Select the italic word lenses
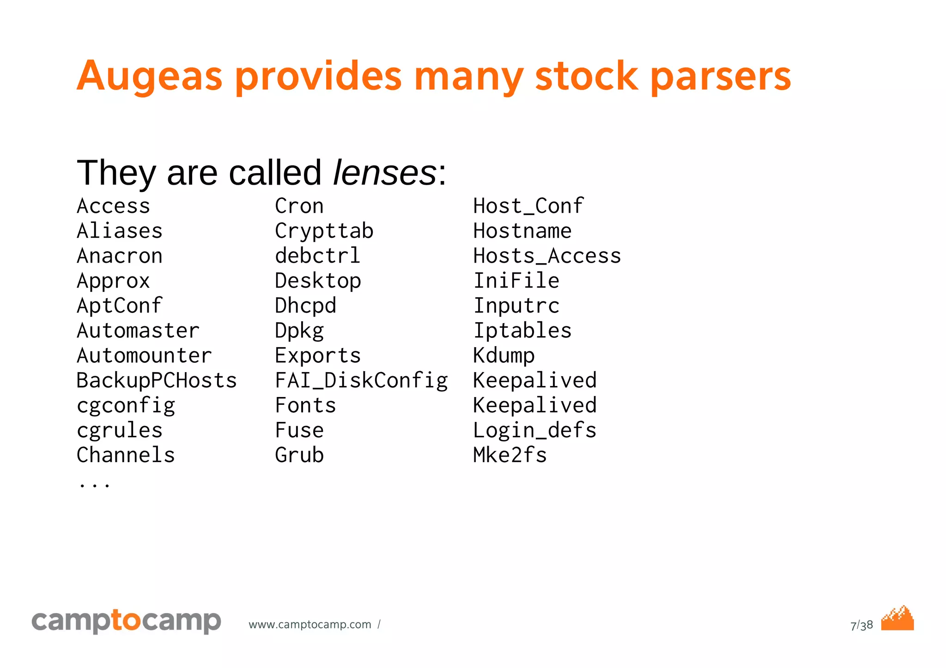point(384,173)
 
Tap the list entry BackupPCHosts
point(157,380)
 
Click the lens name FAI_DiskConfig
point(361,380)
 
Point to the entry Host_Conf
point(528,206)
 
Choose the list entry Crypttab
point(324,231)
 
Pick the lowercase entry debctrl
point(317,256)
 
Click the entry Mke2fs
point(510,455)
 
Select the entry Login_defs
point(535,430)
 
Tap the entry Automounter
point(144,355)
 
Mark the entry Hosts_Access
point(547,256)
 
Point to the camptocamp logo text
point(126,621)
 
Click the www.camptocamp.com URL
point(310,625)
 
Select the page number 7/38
point(861,625)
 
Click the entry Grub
point(299,455)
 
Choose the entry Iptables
point(522,331)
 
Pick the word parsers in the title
point(721,76)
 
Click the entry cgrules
point(120,430)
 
